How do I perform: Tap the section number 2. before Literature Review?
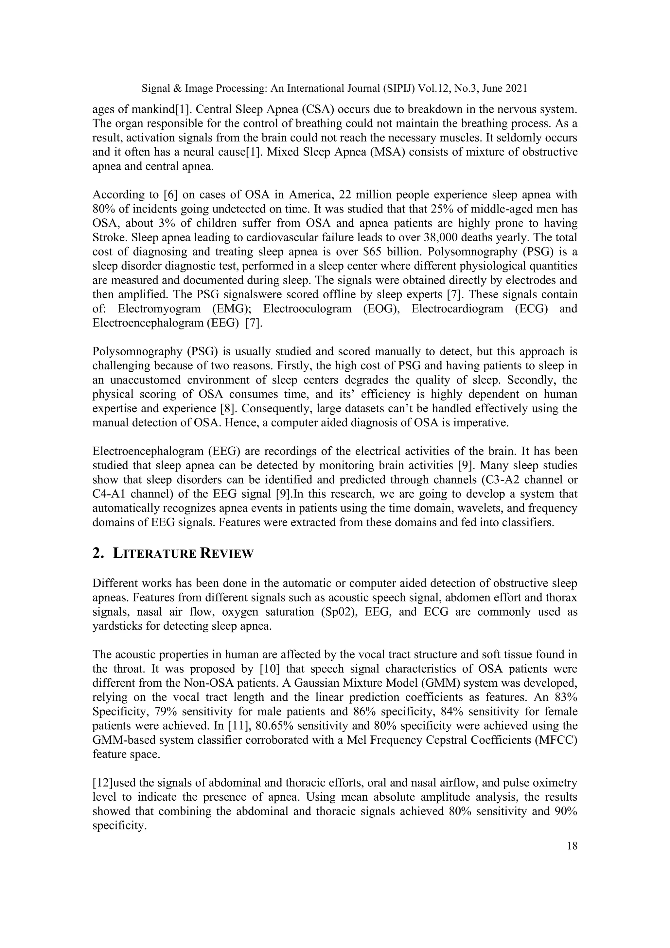tap(98, 554)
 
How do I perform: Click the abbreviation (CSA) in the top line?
tap(316, 110)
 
